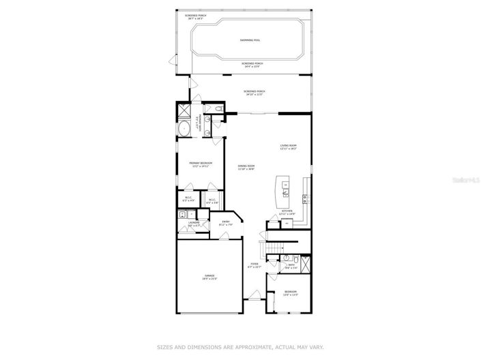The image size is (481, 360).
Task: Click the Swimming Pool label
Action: (250, 40)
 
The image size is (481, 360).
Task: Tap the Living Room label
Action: (288, 147)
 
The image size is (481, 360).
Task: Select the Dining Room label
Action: (246, 167)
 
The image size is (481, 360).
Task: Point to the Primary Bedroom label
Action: (201, 164)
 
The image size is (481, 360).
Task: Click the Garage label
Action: (209, 277)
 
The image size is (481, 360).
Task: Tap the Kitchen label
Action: (288, 213)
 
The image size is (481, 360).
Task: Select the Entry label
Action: (226, 224)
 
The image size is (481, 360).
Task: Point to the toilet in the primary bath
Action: (217, 109)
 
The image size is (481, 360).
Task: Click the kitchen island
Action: (280, 192)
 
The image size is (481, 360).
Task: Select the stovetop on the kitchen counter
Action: (305, 198)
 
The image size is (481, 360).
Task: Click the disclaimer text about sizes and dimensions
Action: (241, 346)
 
